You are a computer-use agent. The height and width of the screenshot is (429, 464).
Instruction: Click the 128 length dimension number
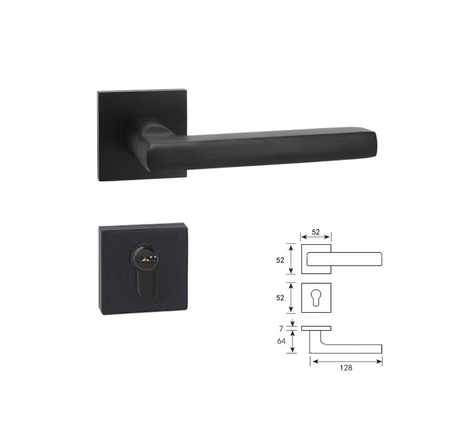point(346,367)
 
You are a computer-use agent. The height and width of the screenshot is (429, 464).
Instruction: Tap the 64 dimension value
point(281,341)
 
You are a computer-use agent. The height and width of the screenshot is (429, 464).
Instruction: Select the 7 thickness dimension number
point(281,328)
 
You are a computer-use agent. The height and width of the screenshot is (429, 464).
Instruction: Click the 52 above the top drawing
point(316,232)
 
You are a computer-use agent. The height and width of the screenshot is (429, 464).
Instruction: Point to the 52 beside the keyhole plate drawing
point(280,298)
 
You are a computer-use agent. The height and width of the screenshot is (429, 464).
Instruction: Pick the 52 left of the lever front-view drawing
point(280,260)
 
